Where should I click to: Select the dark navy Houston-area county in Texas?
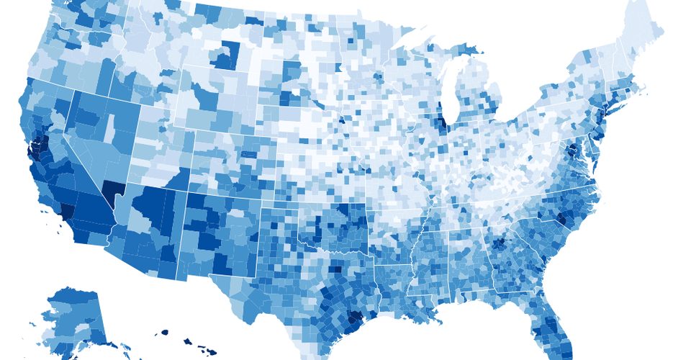[x=353, y=318]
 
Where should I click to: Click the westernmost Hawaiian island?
[x=163, y=333]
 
